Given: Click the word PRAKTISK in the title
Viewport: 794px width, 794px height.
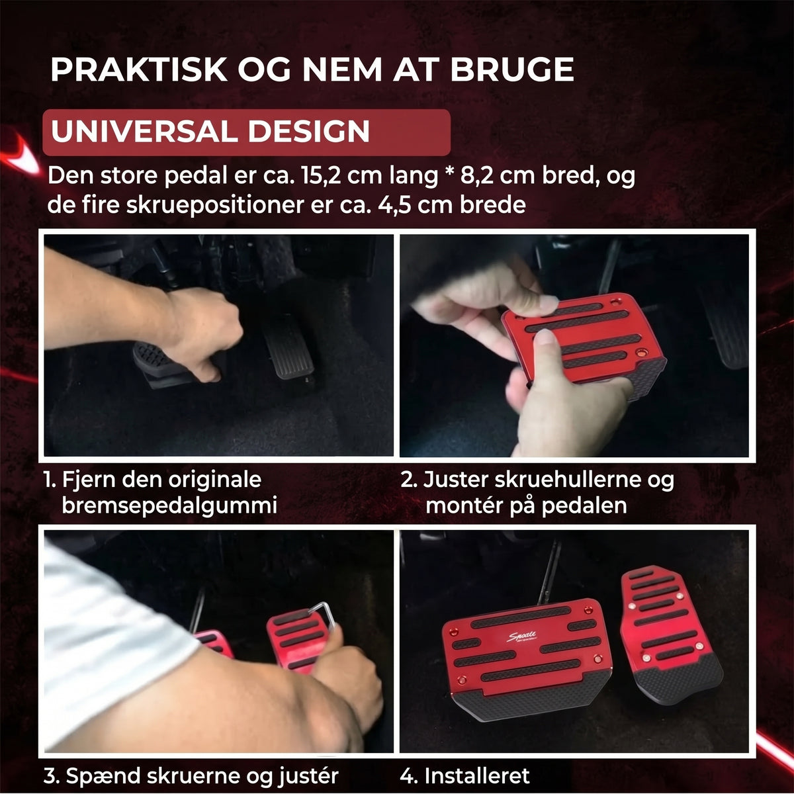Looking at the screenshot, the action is pyautogui.click(x=139, y=69).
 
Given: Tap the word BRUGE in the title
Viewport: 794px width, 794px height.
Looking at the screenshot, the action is pyautogui.click(x=512, y=69).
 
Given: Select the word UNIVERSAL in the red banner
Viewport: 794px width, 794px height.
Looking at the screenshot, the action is pyautogui.click(x=144, y=132).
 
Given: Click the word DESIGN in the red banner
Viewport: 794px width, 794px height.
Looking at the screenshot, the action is pyautogui.click(x=308, y=132).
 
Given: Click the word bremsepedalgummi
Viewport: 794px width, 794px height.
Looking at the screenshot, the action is pyautogui.click(x=169, y=506).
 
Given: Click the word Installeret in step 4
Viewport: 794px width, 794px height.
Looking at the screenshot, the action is pyautogui.click(x=476, y=775).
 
